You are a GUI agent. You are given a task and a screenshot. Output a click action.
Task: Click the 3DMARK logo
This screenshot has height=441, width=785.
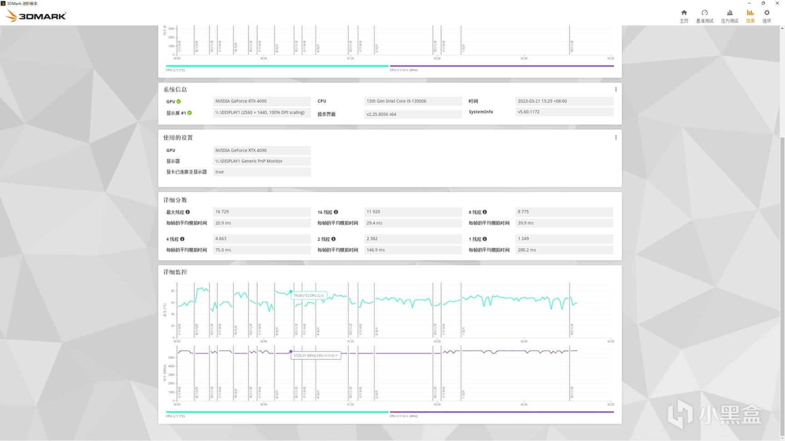pos(36,16)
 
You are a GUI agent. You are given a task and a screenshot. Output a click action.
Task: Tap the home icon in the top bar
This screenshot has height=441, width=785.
pos(684,13)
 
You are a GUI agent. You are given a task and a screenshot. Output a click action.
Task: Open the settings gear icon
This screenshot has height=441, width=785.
pos(767,13)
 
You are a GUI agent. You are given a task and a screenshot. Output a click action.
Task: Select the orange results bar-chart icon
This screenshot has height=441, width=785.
pos(750,13)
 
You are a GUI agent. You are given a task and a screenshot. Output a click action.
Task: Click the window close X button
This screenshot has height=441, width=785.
pos(777,3)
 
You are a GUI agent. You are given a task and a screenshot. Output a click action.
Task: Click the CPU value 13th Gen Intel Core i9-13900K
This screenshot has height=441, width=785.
pos(396,101)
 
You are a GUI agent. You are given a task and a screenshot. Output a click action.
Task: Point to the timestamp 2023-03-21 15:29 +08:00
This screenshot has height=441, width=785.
pos(542,101)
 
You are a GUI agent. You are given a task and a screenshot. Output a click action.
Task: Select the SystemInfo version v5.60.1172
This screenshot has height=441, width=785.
pos(528,112)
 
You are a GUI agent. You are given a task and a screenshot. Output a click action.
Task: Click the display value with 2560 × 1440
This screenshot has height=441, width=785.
pos(260,113)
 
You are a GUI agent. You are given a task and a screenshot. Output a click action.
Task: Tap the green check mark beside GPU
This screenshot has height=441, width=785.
pos(179,102)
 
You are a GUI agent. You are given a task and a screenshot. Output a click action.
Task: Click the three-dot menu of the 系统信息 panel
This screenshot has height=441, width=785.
pos(616,89)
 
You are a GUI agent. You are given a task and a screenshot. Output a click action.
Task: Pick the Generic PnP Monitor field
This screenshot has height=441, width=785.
pos(249,161)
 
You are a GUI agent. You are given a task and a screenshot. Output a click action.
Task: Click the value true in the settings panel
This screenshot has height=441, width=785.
pos(219,172)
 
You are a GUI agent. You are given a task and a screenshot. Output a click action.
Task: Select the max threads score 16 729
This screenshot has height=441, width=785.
pos(222,212)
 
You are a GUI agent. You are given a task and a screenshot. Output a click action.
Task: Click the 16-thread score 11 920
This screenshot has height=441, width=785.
pos(373,212)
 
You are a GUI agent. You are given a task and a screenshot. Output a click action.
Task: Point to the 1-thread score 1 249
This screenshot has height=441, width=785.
pos(523,239)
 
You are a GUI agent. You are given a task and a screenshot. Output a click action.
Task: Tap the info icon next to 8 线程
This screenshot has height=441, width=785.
pos(485,212)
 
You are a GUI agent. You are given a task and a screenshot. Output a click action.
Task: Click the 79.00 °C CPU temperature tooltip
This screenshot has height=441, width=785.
pos(309,295)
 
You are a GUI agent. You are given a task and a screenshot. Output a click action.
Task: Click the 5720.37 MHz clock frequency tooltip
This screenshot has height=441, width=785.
pos(316,355)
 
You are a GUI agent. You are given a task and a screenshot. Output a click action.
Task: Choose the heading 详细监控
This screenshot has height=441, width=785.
pos(175,272)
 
